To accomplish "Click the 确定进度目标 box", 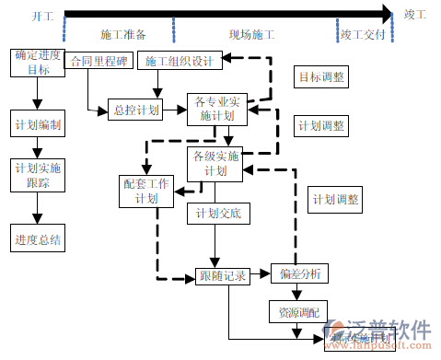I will tap(38, 62).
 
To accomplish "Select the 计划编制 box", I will tap(38, 123).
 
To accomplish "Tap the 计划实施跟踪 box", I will tap(38, 175).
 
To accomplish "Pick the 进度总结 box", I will tap(38, 239).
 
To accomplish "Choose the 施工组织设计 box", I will tap(180, 62).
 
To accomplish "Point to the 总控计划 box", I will tap(136, 110).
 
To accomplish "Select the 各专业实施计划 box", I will tap(216, 109).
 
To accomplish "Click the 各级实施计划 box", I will tap(216, 164).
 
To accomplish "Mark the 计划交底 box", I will tap(217, 214).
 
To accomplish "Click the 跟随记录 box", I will tap(222, 275).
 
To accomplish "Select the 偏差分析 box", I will tap(298, 273).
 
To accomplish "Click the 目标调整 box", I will tap(321, 77).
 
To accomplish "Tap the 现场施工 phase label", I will tap(251, 35).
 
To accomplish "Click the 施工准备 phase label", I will tap(122, 35).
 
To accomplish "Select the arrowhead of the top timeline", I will tap(386, 15).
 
